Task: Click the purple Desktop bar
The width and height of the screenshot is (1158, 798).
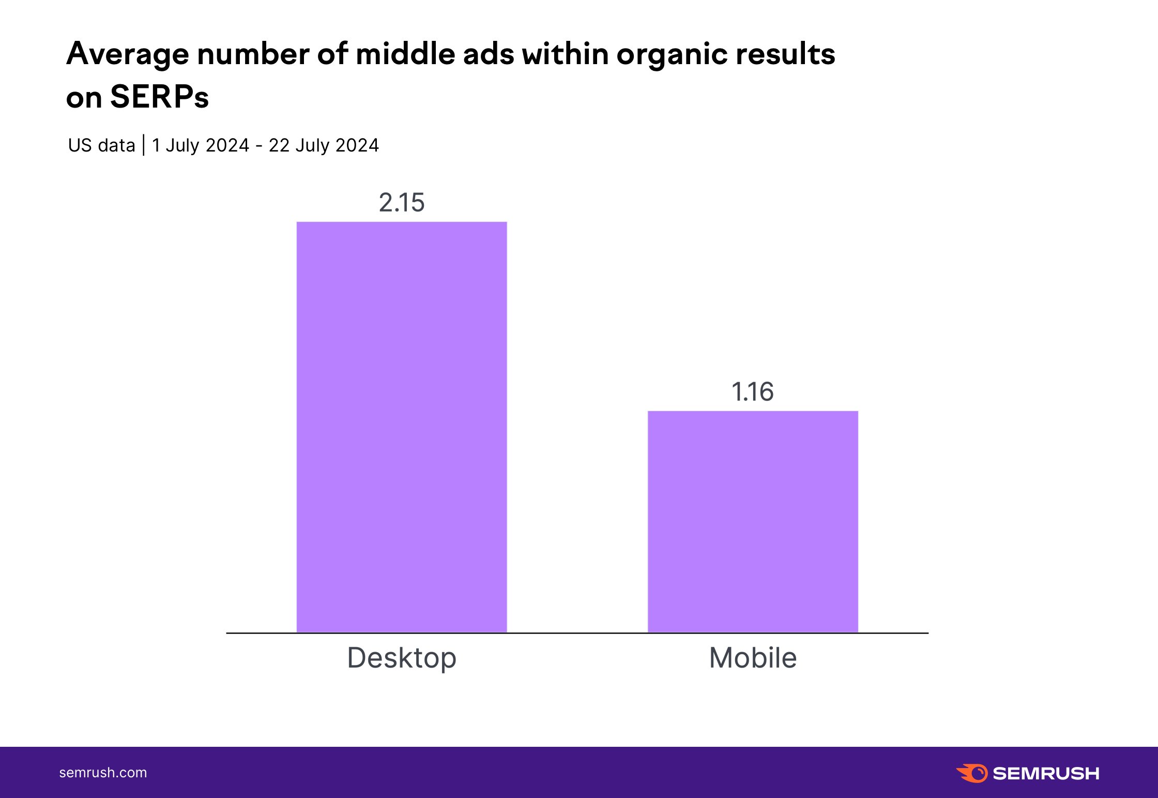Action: click(402, 427)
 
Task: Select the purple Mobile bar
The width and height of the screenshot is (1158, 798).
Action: click(753, 521)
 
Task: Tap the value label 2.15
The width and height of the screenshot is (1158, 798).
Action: click(402, 202)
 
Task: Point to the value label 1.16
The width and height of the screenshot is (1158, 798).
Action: click(752, 392)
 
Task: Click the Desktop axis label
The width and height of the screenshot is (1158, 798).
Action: click(402, 658)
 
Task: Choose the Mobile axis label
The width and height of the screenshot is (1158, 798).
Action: click(753, 658)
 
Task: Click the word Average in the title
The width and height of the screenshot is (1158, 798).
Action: click(128, 54)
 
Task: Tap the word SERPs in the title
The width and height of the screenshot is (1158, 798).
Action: click(159, 97)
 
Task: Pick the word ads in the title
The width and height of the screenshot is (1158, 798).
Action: click(489, 54)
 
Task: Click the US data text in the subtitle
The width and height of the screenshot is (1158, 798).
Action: click(101, 145)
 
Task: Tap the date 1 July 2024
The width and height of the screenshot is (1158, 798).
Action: click(201, 145)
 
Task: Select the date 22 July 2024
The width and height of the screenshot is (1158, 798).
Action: click(324, 145)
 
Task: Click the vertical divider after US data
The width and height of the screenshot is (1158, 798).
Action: click(143, 145)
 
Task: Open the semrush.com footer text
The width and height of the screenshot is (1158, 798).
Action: click(103, 773)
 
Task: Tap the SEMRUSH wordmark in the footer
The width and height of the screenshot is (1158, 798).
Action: click(1046, 773)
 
